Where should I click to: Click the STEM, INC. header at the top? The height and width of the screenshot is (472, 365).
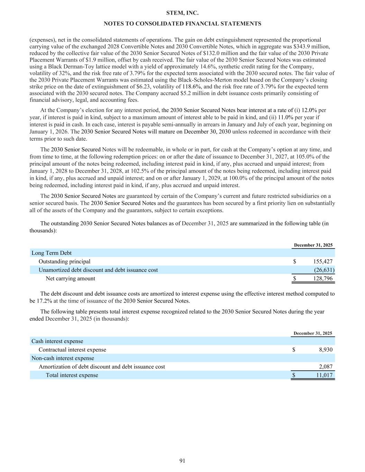click(182, 13)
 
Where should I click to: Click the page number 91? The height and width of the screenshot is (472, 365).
click(182, 460)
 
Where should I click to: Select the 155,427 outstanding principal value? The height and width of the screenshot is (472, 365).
click(323, 261)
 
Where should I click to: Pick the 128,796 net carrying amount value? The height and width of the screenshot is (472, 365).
click(323, 278)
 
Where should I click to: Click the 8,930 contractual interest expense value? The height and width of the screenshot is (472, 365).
click(326, 350)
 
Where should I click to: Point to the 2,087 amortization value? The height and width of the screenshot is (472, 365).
click(326, 367)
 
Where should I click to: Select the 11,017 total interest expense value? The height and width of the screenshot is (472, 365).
click(324, 375)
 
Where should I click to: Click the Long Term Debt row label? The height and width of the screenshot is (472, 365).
click(52, 253)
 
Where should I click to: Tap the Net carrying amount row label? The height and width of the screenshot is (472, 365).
click(70, 278)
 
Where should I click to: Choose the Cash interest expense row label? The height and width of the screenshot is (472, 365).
click(57, 341)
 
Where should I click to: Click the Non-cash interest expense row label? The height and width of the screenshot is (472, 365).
click(63, 358)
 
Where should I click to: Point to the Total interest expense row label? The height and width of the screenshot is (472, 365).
click(72, 375)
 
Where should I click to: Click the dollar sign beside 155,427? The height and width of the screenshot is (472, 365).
click(294, 261)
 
